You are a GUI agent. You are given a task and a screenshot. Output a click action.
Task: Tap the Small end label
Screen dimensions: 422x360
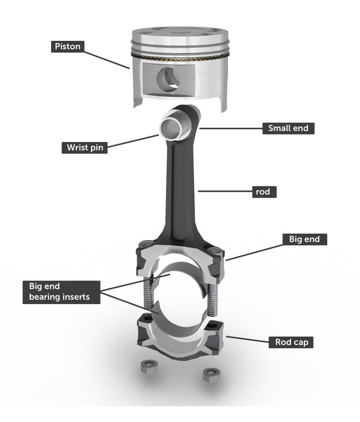tap(288, 128)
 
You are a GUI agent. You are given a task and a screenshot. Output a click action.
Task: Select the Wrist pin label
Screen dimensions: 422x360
tap(84, 147)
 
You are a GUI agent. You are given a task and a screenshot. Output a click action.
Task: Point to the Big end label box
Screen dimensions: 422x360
tap(304, 239)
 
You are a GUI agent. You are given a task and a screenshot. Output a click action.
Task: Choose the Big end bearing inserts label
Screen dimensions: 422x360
tap(62, 292)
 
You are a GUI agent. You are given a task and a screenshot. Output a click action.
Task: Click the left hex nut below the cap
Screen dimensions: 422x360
tap(147, 369)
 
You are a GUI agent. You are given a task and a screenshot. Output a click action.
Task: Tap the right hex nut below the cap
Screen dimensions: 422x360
tap(210, 373)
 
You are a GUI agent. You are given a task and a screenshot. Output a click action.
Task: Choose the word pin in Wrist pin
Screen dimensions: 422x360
tap(96, 147)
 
